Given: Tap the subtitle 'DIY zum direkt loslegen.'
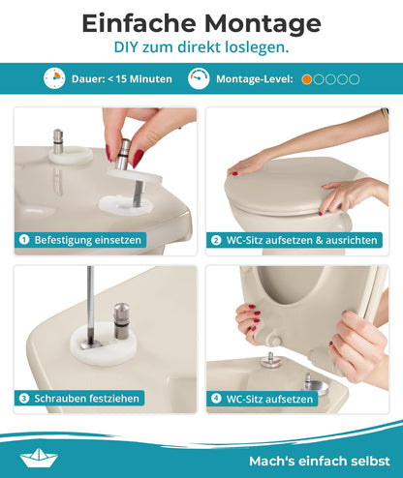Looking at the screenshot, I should pos(201,46).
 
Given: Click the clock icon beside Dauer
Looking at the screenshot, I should pos(53,78).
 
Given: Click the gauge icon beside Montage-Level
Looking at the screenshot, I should pos(198,78).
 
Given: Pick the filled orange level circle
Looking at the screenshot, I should pos(307,78).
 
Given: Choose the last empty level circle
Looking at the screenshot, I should pos(355,78).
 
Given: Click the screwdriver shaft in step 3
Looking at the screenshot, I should pos(88,300).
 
